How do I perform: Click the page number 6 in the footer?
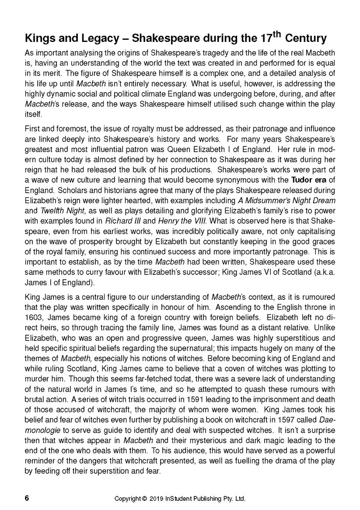tap(28, 498)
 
